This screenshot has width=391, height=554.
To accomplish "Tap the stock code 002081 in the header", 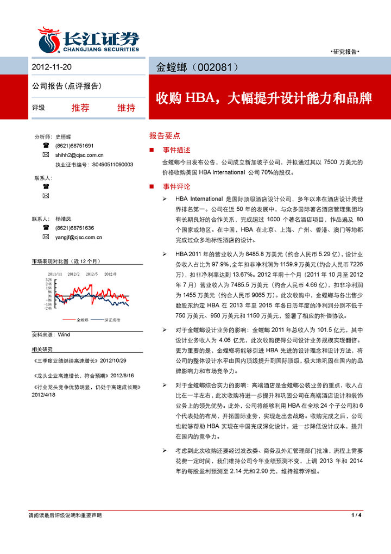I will click(x=218, y=67).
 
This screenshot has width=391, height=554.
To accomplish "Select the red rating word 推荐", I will click(x=80, y=108).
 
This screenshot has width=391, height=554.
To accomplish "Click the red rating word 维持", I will click(x=126, y=108).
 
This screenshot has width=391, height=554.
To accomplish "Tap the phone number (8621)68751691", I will click(x=74, y=146).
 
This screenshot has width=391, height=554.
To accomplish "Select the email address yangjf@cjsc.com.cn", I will click(x=79, y=237).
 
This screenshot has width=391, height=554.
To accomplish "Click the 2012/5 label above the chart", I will click(x=92, y=273).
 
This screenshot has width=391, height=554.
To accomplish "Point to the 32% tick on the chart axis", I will click(x=49, y=279).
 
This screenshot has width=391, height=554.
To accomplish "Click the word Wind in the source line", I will click(x=64, y=334).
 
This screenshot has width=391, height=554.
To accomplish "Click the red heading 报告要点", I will click(x=165, y=135).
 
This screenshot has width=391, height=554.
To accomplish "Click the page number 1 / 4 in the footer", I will click(x=356, y=515).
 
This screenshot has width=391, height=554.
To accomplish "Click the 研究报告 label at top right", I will click(x=345, y=52).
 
